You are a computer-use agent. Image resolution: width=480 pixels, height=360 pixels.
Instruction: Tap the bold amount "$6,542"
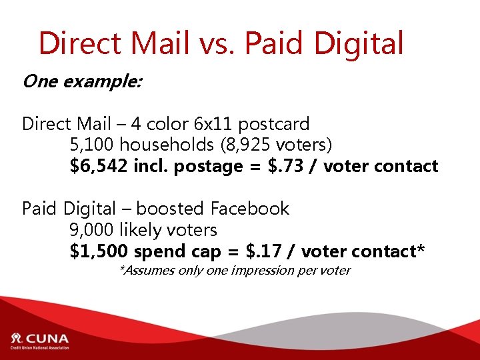click(99, 166)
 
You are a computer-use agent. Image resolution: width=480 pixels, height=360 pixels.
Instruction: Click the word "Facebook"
click(250, 209)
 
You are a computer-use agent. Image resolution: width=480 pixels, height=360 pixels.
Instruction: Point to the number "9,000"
click(92, 230)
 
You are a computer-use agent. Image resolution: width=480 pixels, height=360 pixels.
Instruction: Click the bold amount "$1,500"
click(99, 251)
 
